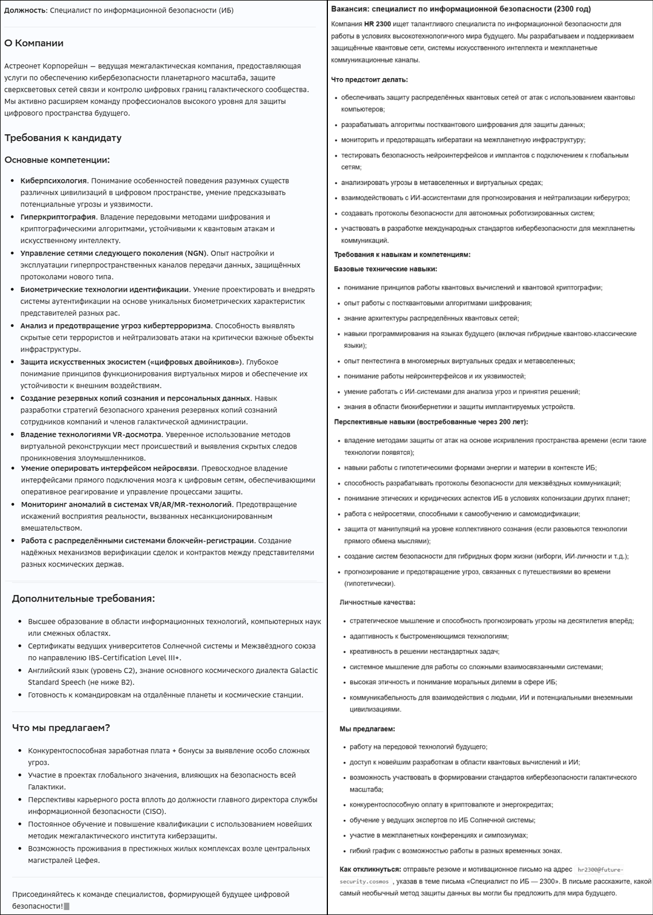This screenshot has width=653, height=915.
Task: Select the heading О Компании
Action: (x=34, y=43)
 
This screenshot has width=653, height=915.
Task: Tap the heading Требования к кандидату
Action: (x=63, y=138)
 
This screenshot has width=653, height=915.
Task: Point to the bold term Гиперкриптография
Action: (x=58, y=217)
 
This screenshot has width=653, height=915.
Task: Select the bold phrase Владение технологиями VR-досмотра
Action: (x=91, y=435)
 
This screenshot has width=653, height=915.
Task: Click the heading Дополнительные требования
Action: (x=83, y=598)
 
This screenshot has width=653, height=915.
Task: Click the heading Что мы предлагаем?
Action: (x=61, y=727)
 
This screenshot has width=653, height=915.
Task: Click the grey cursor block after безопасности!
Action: (x=67, y=906)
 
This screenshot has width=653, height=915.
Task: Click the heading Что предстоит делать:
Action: (x=369, y=80)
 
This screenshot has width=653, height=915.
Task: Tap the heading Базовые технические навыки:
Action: (x=385, y=269)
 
